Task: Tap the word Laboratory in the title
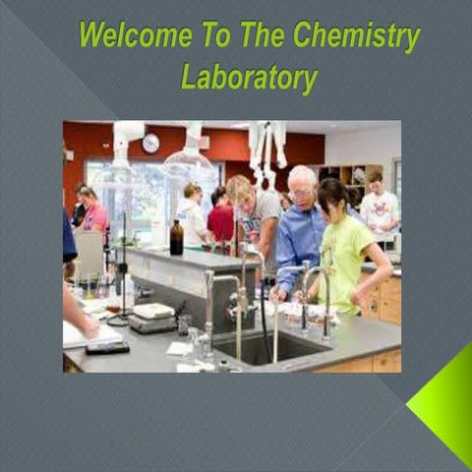click(250, 77)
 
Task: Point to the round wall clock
click(150, 144)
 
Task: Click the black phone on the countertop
click(107, 347)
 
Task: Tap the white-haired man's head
click(303, 182)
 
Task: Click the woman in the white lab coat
click(193, 215)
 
